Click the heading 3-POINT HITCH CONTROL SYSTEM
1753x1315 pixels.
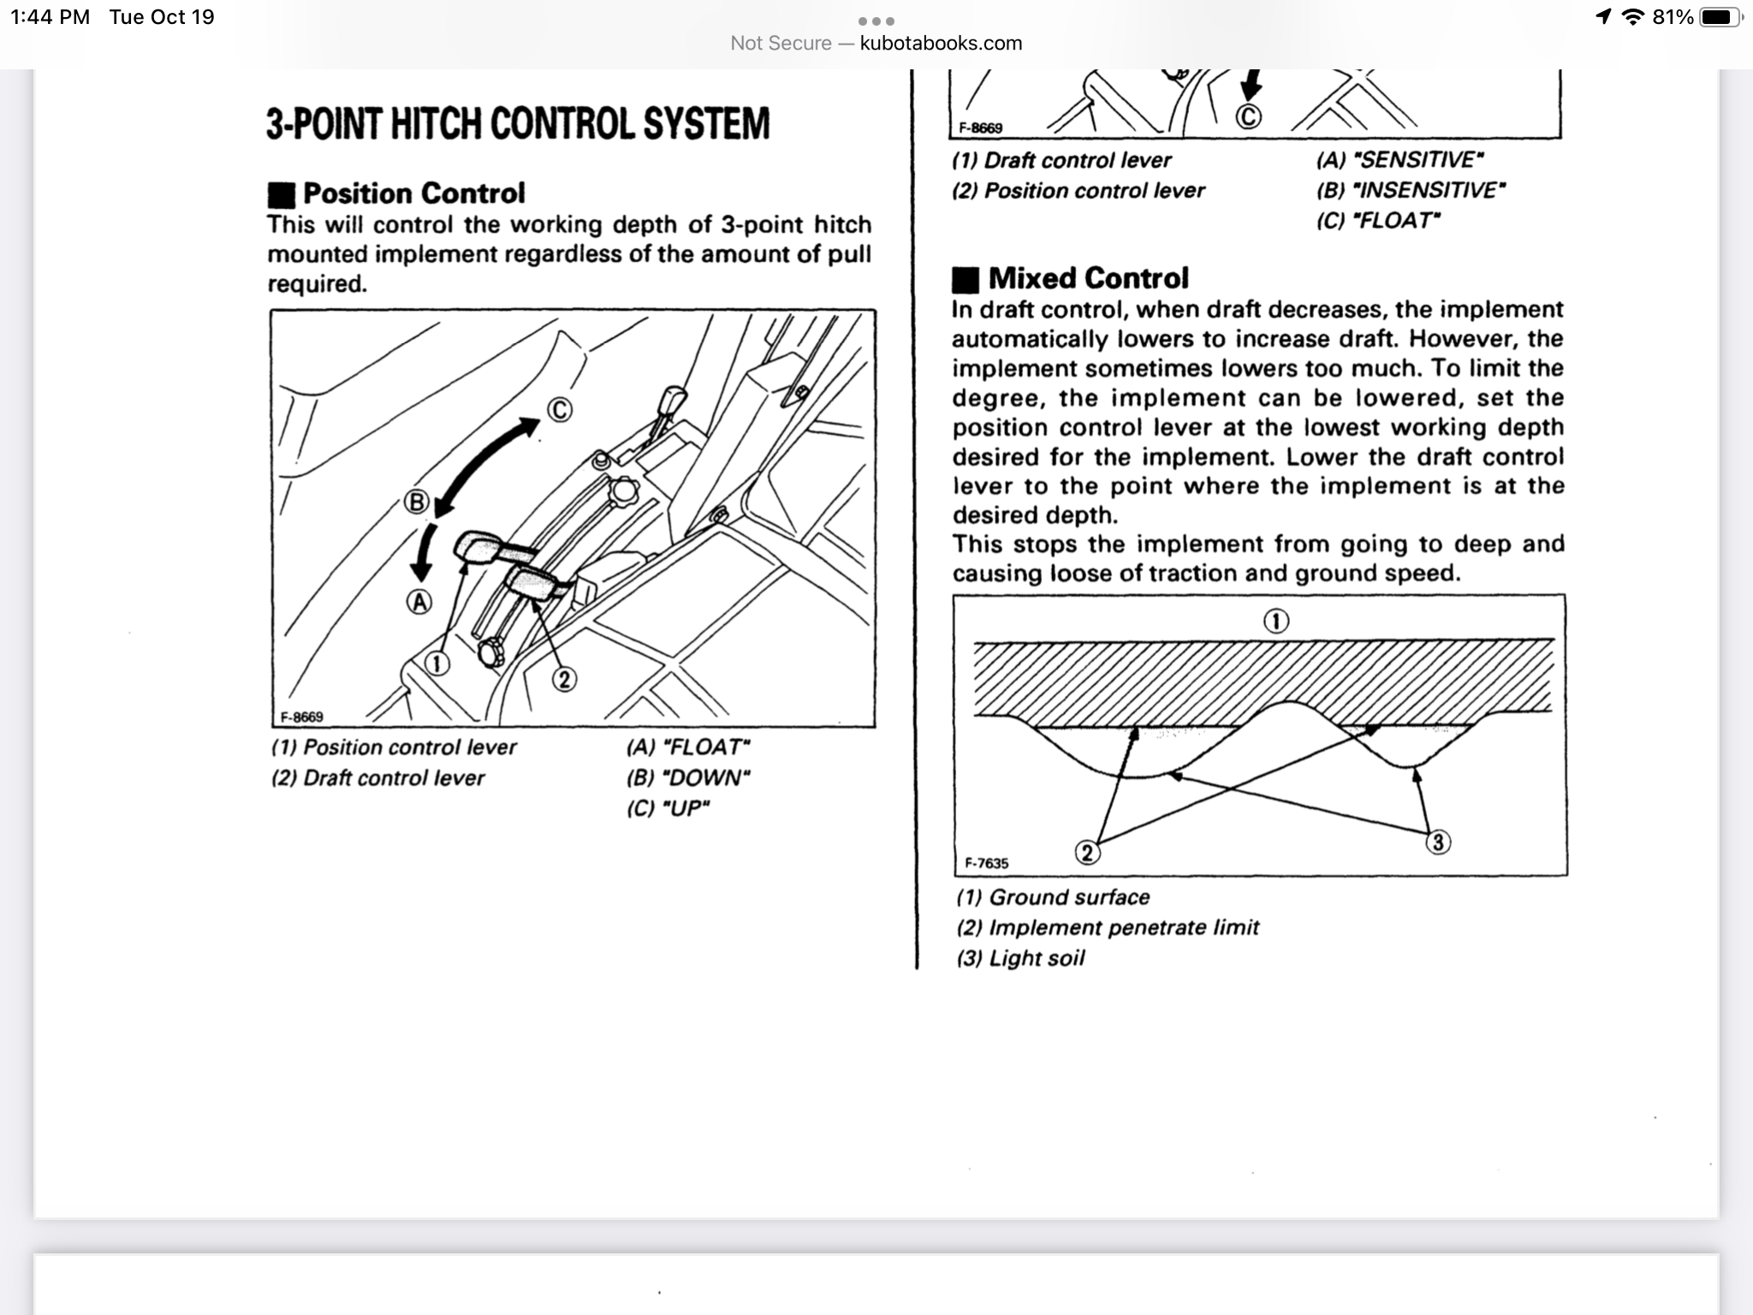coord(518,123)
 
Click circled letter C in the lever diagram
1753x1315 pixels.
coord(559,410)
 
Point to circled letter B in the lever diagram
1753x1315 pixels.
coord(416,502)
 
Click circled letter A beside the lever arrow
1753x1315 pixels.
coord(419,603)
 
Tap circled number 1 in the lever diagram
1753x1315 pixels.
coord(437,663)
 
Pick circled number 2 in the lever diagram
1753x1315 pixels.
coord(563,680)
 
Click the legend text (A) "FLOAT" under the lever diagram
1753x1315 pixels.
coord(688,747)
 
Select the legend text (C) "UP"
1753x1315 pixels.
coord(669,808)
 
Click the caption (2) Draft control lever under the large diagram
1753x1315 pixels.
coord(377,778)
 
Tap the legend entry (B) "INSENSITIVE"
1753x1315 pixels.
coord(1411,190)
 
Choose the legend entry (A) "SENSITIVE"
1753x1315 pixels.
coord(1399,160)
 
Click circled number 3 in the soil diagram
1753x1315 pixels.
coord(1438,842)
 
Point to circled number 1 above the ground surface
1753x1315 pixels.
coord(1276,622)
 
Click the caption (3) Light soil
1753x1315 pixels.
coord(1020,958)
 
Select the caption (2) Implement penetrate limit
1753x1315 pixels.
coord(1108,927)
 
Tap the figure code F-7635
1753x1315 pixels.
coord(987,863)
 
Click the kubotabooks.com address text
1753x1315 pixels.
coord(941,43)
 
